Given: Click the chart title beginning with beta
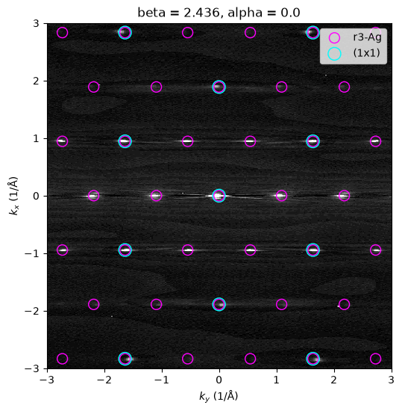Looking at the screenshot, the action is tap(219, 12).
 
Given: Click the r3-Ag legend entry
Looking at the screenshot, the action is tap(354, 38).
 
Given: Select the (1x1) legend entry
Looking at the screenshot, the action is tap(354, 53).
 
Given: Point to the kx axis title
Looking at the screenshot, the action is tap(13, 196).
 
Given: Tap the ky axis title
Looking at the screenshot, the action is tap(219, 395).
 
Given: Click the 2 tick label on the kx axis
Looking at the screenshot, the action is tap(36, 81).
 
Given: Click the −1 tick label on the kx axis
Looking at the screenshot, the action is tap(32, 253).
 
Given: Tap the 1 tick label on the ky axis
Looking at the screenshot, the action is tap(277, 380).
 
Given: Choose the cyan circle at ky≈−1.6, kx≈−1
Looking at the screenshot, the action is tap(125, 244).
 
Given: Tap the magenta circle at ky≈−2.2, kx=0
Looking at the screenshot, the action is tap(94, 190).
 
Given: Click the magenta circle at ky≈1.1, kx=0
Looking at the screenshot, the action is tap(281, 190).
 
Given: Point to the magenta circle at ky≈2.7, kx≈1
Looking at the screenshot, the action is tap(376, 136).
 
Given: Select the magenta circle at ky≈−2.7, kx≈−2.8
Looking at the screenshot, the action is tap(62, 353).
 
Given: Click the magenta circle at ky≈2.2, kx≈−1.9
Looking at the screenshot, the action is tap(344, 299).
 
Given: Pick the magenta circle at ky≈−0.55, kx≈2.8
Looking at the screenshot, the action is tap(187, 27).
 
